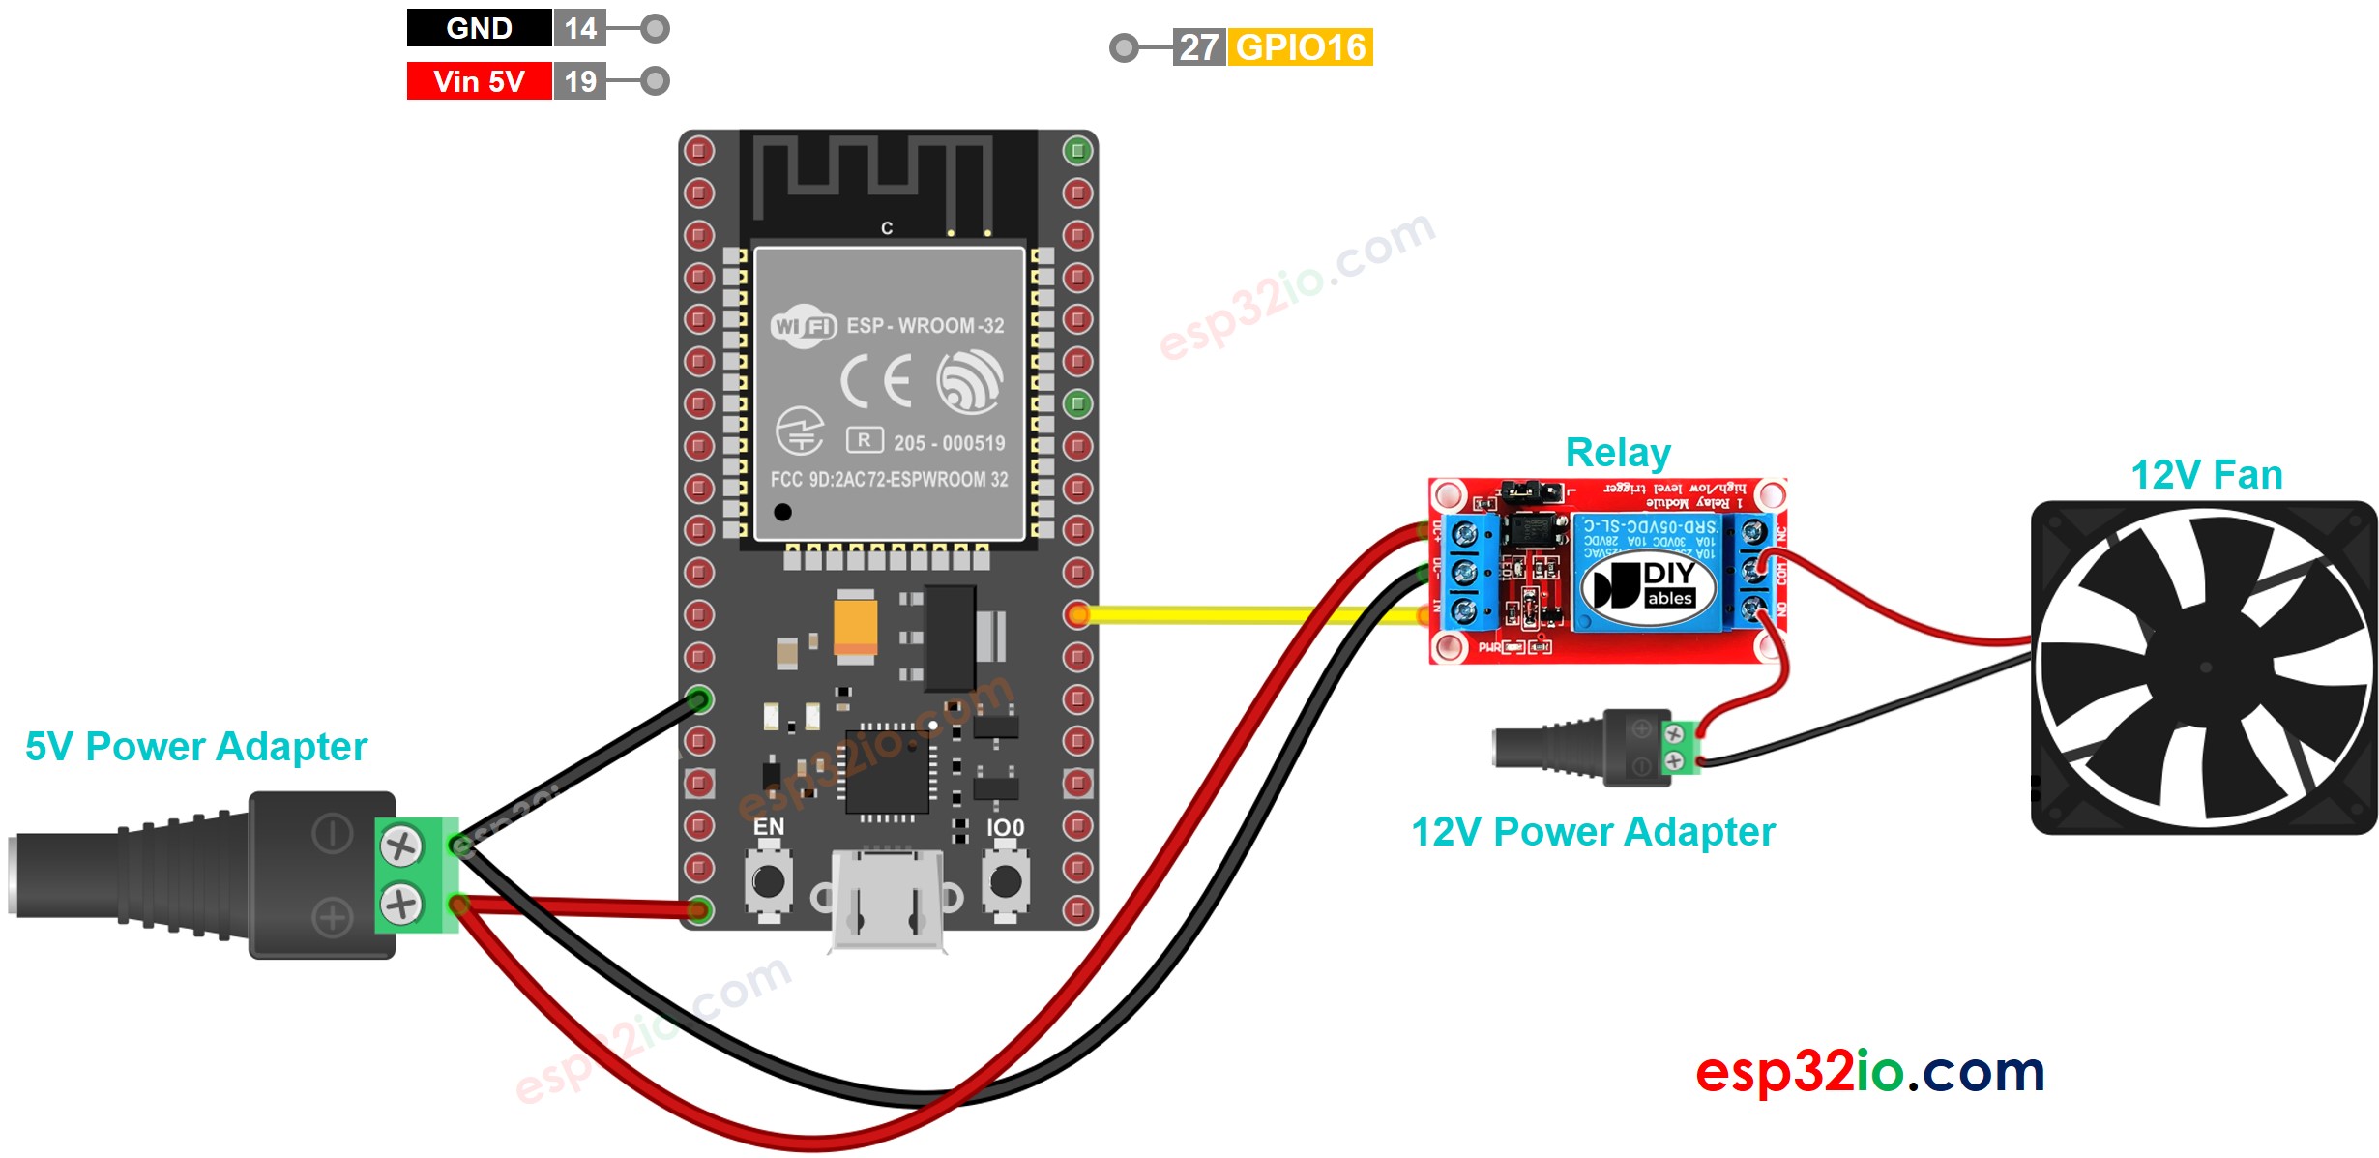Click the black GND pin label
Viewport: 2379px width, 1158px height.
[479, 28]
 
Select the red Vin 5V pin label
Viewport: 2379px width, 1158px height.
[479, 81]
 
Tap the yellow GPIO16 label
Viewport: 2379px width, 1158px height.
[1300, 47]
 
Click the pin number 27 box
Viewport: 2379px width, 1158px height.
[1198, 47]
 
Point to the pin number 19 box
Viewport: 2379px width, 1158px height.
[580, 81]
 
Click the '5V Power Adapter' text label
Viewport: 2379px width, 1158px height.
[196, 747]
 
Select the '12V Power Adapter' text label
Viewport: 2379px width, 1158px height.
[1593, 832]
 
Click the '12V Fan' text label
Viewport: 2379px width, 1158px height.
[2206, 475]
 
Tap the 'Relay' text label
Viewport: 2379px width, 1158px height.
[1618, 453]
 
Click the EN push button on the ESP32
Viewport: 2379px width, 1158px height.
[769, 881]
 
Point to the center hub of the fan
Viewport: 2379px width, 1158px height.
[2205, 668]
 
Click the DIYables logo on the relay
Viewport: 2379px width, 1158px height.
[1648, 585]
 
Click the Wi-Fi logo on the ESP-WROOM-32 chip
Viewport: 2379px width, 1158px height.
[803, 326]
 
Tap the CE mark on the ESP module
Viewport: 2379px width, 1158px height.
[876, 381]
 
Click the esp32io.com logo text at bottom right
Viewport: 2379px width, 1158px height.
[1869, 1072]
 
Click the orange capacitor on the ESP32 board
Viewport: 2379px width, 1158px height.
[856, 626]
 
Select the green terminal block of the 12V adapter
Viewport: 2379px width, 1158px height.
[1680, 747]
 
